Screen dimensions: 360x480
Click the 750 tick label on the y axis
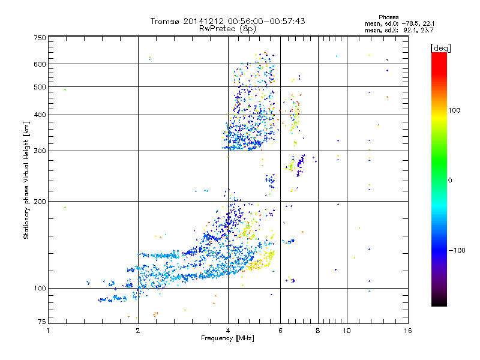click(40, 37)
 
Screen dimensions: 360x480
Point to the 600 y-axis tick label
click(40, 64)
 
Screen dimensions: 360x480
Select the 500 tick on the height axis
click(40, 87)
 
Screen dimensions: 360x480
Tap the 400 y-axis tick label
click(40, 115)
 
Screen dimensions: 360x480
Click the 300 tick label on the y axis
click(40, 151)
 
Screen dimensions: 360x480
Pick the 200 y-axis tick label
click(40, 201)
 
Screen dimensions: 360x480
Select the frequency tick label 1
click(49, 331)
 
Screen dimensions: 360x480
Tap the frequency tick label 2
click(138, 331)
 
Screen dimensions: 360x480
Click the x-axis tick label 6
click(280, 331)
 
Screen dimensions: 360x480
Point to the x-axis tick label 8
click(318, 331)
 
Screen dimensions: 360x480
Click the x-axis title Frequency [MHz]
click(227, 338)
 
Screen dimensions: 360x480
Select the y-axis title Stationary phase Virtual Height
click(26, 180)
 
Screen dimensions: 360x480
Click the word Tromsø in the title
click(167, 21)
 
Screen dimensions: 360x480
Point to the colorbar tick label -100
click(458, 250)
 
